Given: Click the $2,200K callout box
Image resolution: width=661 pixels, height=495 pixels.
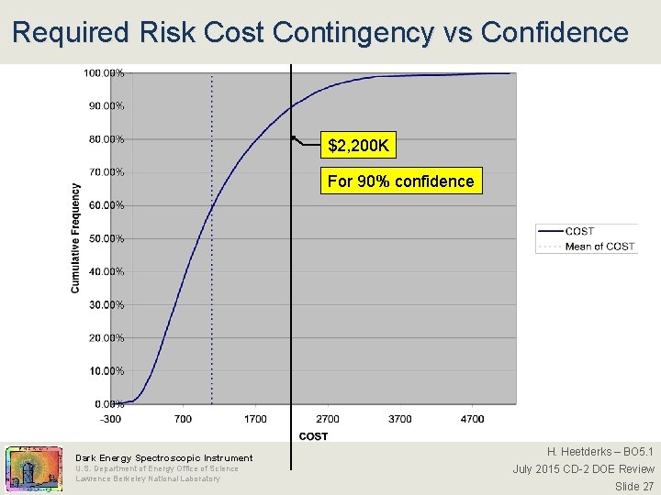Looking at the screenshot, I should [x=359, y=145].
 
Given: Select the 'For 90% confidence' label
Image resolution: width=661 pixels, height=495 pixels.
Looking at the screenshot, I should [x=400, y=181].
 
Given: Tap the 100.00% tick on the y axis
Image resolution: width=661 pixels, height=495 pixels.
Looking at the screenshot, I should [x=106, y=72].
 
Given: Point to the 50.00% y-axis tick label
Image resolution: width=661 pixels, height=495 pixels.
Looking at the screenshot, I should [x=106, y=238].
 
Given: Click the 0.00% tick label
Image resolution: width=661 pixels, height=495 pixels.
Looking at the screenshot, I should [x=109, y=404].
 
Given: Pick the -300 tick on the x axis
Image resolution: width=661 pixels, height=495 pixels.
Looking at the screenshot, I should [x=110, y=419].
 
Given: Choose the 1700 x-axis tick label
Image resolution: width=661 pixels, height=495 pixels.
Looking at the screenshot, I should [x=255, y=419].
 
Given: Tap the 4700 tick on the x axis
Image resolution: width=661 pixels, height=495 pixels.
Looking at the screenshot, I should [x=472, y=419].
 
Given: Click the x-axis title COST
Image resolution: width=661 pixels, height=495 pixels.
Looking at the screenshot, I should [x=313, y=435].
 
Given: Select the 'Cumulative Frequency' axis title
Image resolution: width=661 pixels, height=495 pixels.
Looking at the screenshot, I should [x=76, y=238].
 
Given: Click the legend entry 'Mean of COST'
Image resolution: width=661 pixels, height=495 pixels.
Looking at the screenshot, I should [x=599, y=246].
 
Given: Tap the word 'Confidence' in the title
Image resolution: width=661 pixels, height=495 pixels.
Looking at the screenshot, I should [x=555, y=33].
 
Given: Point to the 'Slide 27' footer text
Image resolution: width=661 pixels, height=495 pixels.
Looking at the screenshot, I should [x=634, y=486].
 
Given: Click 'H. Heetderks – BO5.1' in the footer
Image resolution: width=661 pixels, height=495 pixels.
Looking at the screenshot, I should [x=600, y=452].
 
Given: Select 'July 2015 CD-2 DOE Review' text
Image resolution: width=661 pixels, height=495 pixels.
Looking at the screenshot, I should [x=583, y=469].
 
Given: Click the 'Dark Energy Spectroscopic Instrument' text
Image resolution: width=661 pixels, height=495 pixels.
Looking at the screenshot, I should [x=164, y=457].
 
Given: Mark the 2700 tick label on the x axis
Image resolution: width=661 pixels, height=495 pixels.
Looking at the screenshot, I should [x=328, y=419].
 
